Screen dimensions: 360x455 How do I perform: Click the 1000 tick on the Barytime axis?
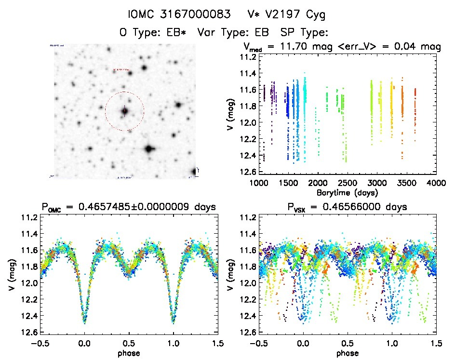(259, 183)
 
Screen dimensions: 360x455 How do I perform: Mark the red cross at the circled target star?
(124, 111)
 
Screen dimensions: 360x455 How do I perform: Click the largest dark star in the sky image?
(148, 149)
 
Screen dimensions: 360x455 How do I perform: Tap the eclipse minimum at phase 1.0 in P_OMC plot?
(173, 320)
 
